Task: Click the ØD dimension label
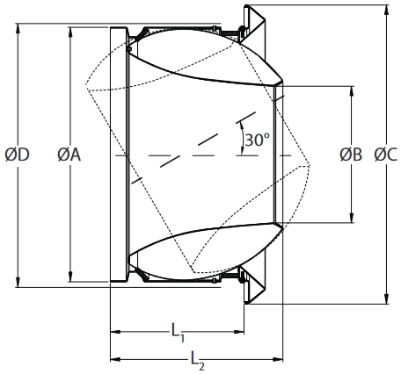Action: [18, 155]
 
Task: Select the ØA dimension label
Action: [69, 155]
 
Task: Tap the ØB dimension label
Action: [351, 155]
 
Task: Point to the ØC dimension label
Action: [385, 155]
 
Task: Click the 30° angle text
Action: [258, 140]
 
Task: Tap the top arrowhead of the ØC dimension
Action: [385, 11]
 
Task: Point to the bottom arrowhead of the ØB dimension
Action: [351, 219]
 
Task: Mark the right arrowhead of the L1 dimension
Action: [239, 332]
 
